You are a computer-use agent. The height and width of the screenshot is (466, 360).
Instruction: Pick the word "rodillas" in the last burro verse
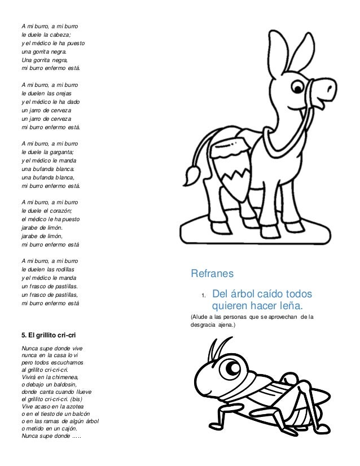click(x=71, y=268)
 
